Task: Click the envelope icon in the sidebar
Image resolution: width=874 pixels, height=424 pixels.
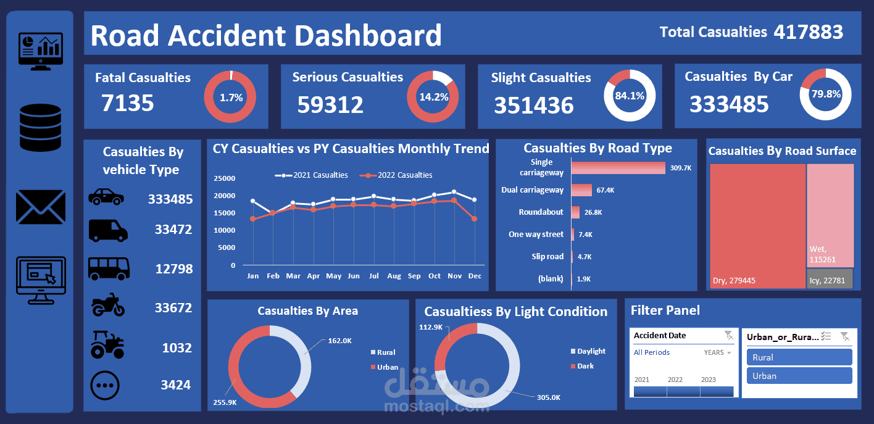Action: (41, 207)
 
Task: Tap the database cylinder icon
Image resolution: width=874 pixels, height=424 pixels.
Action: (40, 128)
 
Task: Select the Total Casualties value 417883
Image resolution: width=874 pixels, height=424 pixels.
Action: (809, 32)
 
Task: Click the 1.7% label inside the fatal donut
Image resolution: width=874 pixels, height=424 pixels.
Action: (231, 98)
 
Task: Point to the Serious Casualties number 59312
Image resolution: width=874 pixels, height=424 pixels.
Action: (330, 104)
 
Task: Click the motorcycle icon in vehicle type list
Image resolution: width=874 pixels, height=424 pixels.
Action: (108, 305)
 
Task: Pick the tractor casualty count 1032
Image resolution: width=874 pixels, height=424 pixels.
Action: (177, 347)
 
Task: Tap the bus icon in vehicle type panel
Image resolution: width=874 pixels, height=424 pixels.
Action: (109, 268)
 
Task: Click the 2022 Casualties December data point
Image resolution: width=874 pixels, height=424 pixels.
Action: (475, 219)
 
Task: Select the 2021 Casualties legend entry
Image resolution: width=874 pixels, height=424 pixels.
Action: (311, 175)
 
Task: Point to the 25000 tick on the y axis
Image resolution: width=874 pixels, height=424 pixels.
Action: (224, 178)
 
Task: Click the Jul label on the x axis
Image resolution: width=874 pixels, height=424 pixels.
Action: (374, 276)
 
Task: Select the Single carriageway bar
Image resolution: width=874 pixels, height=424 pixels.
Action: (618, 168)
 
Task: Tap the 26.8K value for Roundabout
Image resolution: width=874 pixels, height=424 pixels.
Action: (593, 212)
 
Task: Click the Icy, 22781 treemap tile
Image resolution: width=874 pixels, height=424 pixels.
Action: (830, 279)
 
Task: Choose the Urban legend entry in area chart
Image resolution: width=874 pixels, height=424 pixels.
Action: (385, 367)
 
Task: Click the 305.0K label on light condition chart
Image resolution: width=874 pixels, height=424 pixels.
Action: (549, 397)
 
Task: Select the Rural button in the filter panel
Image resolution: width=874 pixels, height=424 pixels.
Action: (799, 357)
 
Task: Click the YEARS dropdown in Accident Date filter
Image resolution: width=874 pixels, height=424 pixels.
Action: (718, 352)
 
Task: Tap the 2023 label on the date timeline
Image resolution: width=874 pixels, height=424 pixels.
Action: (708, 380)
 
